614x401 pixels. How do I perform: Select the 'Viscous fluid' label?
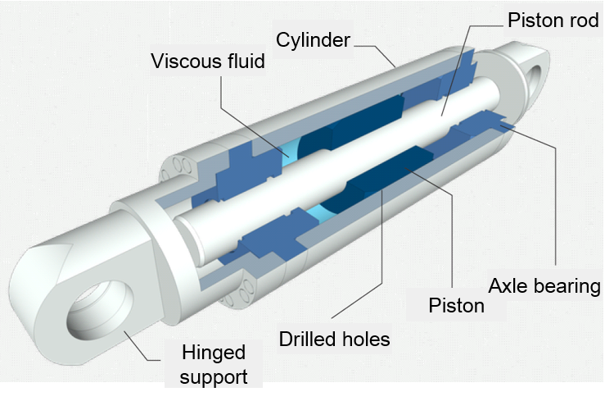coord(208,61)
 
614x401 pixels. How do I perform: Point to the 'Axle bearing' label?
coord(544,286)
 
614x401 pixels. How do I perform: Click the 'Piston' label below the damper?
coord(456,306)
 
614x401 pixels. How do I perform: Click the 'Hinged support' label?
coord(212,367)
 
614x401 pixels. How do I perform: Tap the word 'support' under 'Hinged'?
coord(212,379)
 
